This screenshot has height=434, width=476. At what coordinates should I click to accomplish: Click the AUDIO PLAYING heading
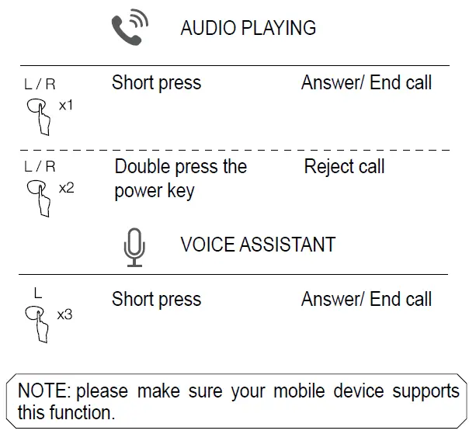[248, 29]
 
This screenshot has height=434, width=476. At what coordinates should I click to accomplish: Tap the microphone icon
[134, 247]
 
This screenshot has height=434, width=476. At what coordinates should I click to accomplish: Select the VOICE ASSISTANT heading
[258, 245]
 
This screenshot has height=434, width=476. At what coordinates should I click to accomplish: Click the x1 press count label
[66, 105]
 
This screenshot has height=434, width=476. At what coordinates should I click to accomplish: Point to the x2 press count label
[67, 188]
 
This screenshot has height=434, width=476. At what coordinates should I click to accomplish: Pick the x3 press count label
[65, 314]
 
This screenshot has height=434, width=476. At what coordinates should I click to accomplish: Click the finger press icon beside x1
[39, 117]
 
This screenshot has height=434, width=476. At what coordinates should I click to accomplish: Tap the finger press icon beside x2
[39, 199]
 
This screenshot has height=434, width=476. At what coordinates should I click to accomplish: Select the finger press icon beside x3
[39, 323]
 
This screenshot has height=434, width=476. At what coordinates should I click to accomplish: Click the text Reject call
[344, 167]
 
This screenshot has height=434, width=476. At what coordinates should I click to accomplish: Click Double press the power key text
[180, 179]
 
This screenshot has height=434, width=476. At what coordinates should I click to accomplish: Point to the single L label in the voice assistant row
[38, 294]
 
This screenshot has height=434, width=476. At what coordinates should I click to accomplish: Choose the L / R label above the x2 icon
[40, 167]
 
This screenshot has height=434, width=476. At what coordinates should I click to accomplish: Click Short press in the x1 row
[156, 83]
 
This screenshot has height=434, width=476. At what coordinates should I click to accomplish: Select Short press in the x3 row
[156, 300]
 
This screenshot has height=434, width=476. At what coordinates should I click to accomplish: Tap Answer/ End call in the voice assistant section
[366, 300]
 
